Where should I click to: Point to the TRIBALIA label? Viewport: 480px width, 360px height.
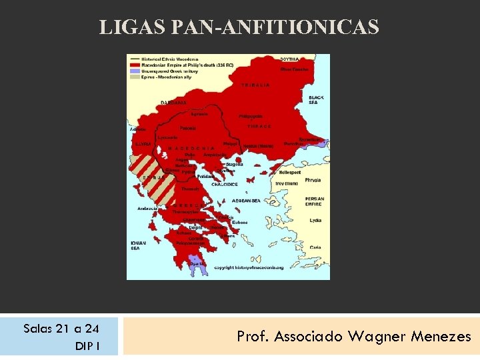[256, 86]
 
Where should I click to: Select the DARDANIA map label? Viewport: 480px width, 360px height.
[173, 103]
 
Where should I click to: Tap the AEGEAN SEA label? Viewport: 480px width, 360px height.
[247, 201]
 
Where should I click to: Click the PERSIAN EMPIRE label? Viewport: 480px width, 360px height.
[315, 201]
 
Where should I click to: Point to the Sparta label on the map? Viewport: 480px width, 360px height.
[198, 263]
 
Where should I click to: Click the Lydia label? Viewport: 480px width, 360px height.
[315, 221]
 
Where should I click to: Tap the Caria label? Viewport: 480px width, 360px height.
[315, 247]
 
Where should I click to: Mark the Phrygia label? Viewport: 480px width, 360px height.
[312, 180]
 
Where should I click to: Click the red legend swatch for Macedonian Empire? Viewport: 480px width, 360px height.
[133, 65]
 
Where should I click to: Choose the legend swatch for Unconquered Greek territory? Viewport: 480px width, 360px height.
[133, 71]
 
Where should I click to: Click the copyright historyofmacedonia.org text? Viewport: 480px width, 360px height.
[249, 268]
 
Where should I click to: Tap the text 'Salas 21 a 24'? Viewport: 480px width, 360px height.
[61, 328]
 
